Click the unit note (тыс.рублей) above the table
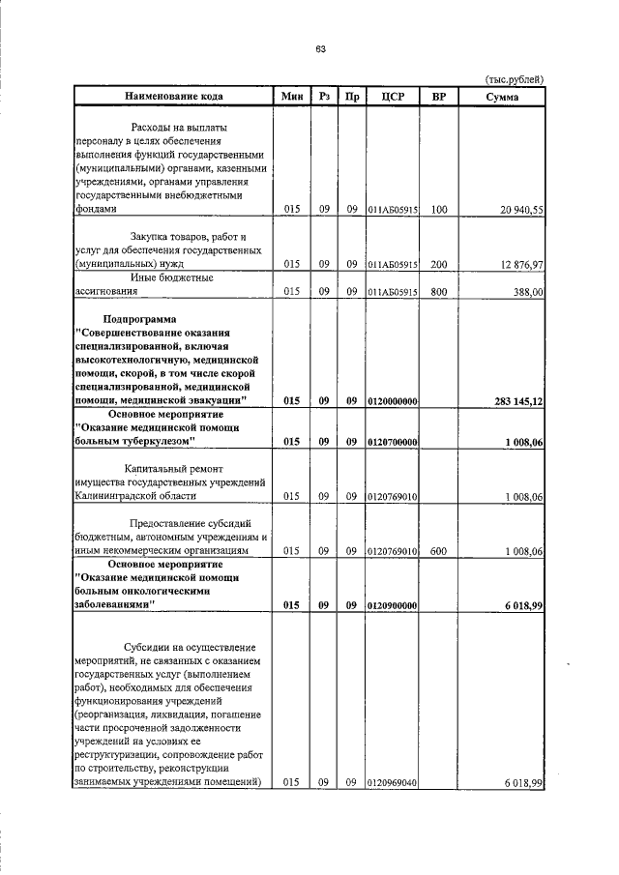point(514,79)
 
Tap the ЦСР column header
point(392,96)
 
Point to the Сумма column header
point(502,96)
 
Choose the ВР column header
point(438,96)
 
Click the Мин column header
point(292,96)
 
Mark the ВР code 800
point(439,291)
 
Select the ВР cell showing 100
point(439,209)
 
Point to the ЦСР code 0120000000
point(392,400)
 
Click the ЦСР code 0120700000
point(392,442)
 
